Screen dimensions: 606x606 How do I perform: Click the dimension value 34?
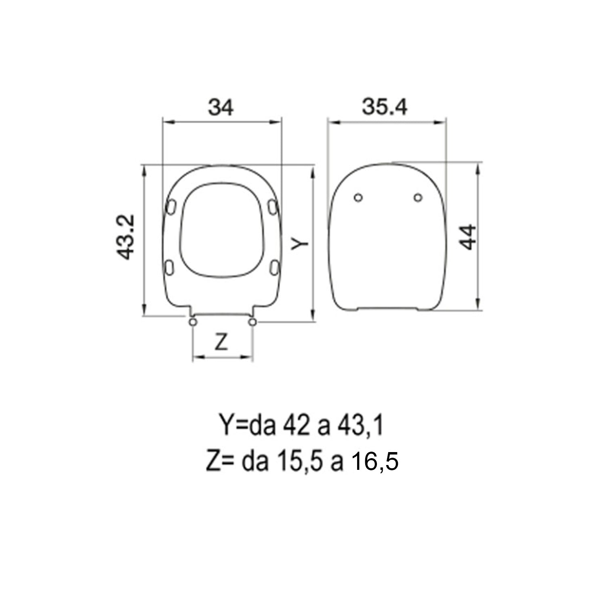(221, 107)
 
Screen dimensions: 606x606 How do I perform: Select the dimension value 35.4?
(385, 107)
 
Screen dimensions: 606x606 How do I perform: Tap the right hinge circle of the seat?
(253, 322)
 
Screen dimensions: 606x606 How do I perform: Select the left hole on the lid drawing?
(358, 198)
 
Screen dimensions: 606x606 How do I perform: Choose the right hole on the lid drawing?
(418, 198)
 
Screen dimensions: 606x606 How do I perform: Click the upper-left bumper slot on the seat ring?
(171, 206)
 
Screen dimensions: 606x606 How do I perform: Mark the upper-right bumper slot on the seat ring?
(273, 206)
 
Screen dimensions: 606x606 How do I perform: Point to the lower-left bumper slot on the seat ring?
(170, 267)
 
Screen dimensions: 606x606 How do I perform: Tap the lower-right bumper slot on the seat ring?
(275, 267)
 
